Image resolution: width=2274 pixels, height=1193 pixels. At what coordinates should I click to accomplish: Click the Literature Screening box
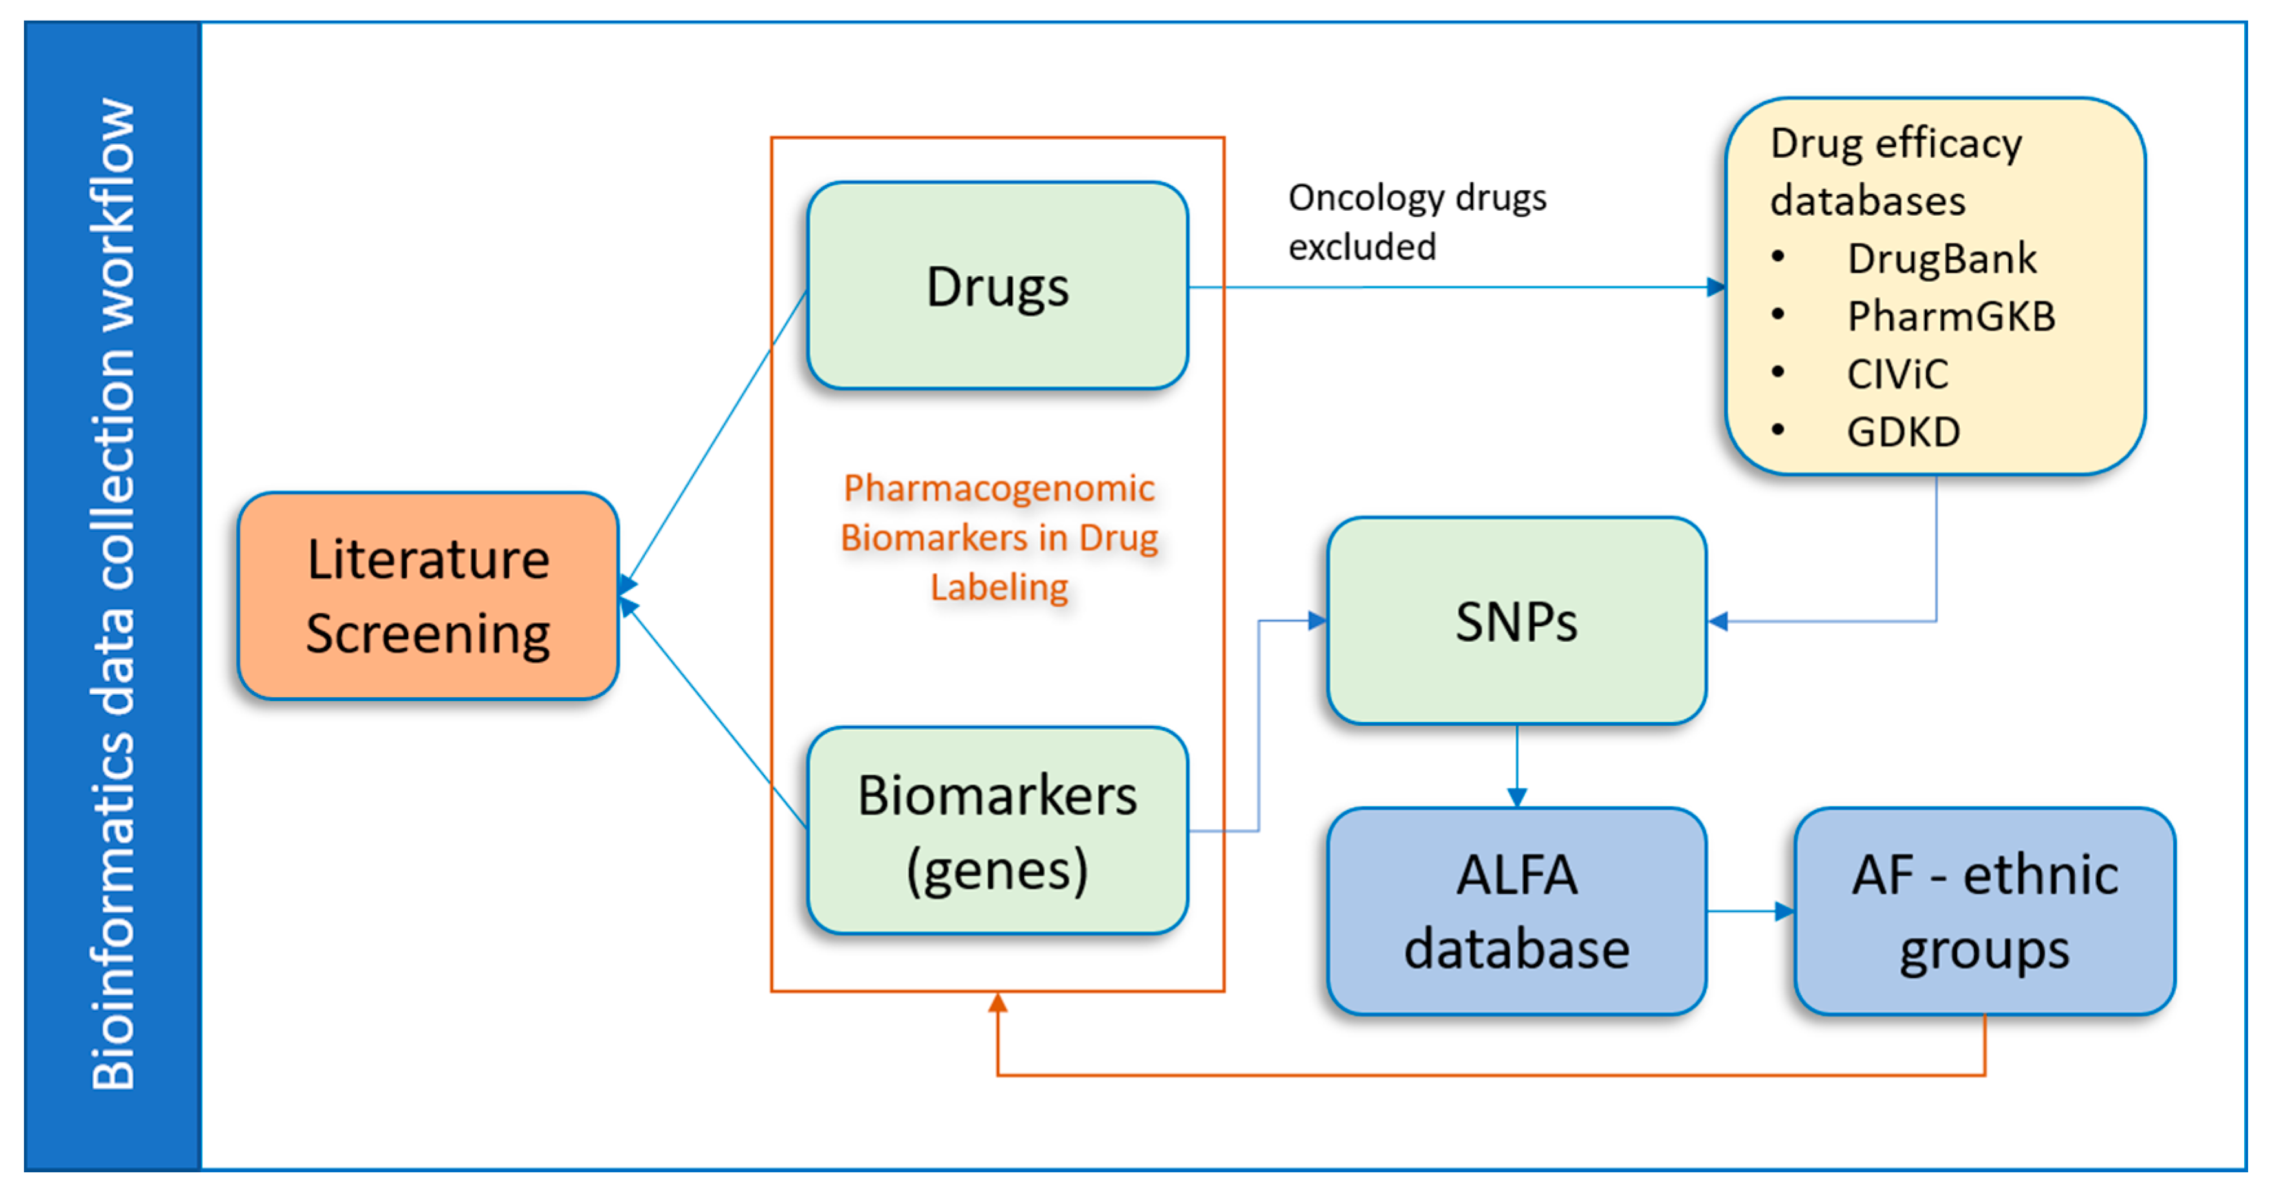click(x=428, y=596)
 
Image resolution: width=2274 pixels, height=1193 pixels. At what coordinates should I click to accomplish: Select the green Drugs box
click(x=997, y=286)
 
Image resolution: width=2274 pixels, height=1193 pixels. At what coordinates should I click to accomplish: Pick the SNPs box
click(x=1517, y=620)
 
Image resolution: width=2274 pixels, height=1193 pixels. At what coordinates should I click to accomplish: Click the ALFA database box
click(x=1517, y=911)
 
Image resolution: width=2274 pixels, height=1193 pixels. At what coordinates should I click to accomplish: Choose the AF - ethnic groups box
click(x=1984, y=911)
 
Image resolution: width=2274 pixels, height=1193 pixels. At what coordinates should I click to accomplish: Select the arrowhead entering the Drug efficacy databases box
click(x=1715, y=287)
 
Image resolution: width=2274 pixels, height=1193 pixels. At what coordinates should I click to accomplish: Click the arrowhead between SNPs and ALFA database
click(x=1517, y=797)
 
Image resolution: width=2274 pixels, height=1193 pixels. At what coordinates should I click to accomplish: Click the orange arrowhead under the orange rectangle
click(x=997, y=1002)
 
